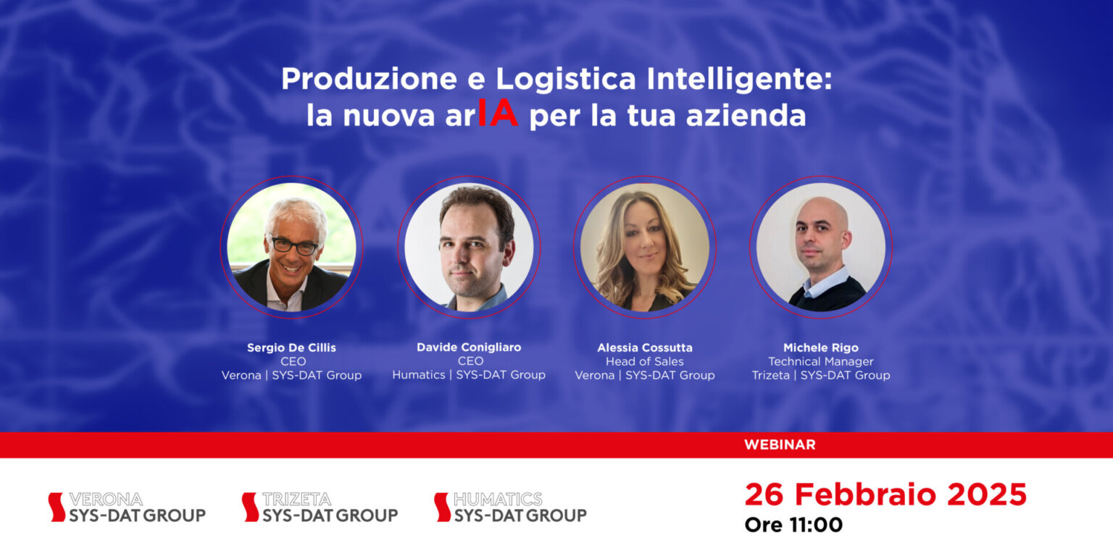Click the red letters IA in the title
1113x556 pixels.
tap(498, 115)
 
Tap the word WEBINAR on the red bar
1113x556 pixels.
tap(779, 445)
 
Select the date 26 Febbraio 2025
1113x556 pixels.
tap(885, 494)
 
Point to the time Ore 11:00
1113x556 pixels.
tap(793, 524)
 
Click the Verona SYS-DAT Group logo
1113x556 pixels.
tap(127, 507)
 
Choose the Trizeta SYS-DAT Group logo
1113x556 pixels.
tap(320, 507)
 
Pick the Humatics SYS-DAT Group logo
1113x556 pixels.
tap(510, 507)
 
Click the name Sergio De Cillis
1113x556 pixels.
tap(291, 347)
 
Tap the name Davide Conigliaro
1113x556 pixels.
tap(469, 347)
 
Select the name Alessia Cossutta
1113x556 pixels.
tap(645, 347)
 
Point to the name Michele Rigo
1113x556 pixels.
tap(821, 347)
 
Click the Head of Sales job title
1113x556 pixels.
tap(645, 361)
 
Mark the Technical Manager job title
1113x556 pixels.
tap(821, 361)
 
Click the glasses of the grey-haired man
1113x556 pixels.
tap(294, 245)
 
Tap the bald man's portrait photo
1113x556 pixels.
tap(821, 248)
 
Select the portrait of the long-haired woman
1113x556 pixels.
tap(645, 248)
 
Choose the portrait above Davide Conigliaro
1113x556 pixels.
tap(469, 248)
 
